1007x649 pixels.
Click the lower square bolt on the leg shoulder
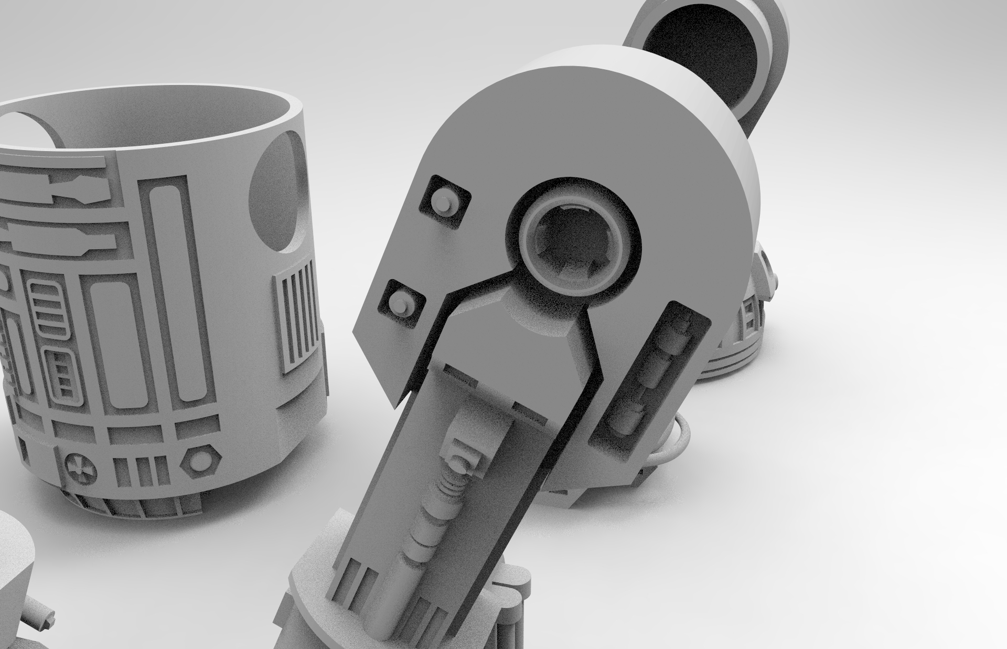401,303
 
